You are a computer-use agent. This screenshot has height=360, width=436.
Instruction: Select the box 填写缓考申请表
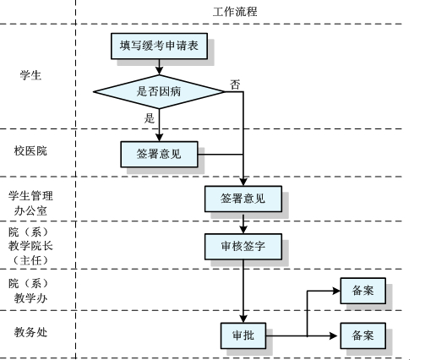click(x=159, y=46)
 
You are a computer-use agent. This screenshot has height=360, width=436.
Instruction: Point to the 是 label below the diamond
click(x=150, y=117)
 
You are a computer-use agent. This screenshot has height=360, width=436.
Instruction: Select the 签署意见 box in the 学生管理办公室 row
click(x=243, y=199)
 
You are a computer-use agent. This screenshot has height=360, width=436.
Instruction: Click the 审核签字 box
click(x=243, y=246)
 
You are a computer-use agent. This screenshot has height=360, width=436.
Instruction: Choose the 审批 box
click(x=243, y=336)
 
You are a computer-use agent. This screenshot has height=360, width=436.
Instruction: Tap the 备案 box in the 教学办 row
click(x=362, y=291)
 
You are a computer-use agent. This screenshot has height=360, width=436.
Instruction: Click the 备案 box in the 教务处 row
click(x=362, y=335)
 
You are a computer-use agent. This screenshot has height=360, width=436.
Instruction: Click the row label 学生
click(x=31, y=76)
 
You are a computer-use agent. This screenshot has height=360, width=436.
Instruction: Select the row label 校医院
click(x=31, y=151)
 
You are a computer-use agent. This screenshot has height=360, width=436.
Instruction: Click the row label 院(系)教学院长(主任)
click(x=31, y=246)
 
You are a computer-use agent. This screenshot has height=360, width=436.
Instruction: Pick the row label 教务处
click(x=31, y=332)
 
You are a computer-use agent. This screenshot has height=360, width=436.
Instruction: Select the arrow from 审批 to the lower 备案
click(x=304, y=336)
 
